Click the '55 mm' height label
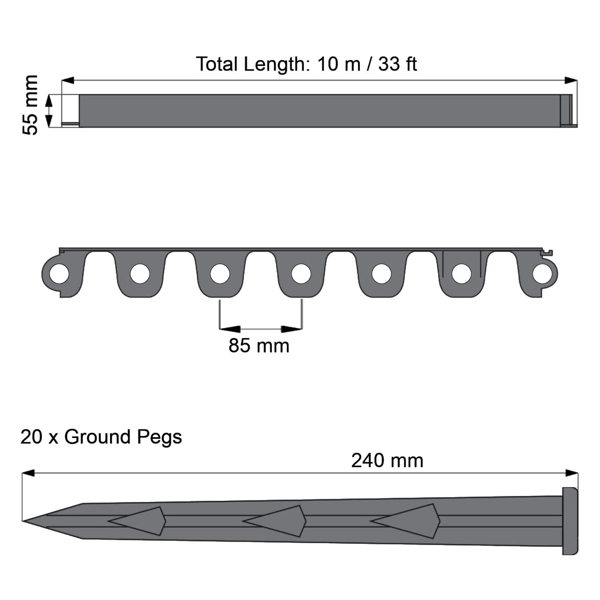pyautogui.click(x=30, y=105)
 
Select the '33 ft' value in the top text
pyautogui.click(x=397, y=64)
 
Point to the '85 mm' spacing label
pyautogui.click(x=259, y=346)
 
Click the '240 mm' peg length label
pyautogui.click(x=387, y=461)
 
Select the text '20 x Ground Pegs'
pyautogui.click(x=101, y=437)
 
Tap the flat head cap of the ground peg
pyautogui.click(x=570, y=521)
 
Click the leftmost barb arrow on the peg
pyautogui.click(x=139, y=521)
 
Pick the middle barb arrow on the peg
pyautogui.click(x=277, y=521)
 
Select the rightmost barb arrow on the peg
pyautogui.click(x=407, y=521)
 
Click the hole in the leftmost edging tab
pyautogui.click(x=59, y=274)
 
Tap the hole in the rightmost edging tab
pyautogui.click(x=542, y=274)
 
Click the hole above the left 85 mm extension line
pyautogui.click(x=220, y=274)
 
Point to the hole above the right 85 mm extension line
pyautogui.click(x=301, y=274)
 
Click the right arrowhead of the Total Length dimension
pyautogui.click(x=571, y=81)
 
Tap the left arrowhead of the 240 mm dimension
pyautogui.click(x=28, y=473)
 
